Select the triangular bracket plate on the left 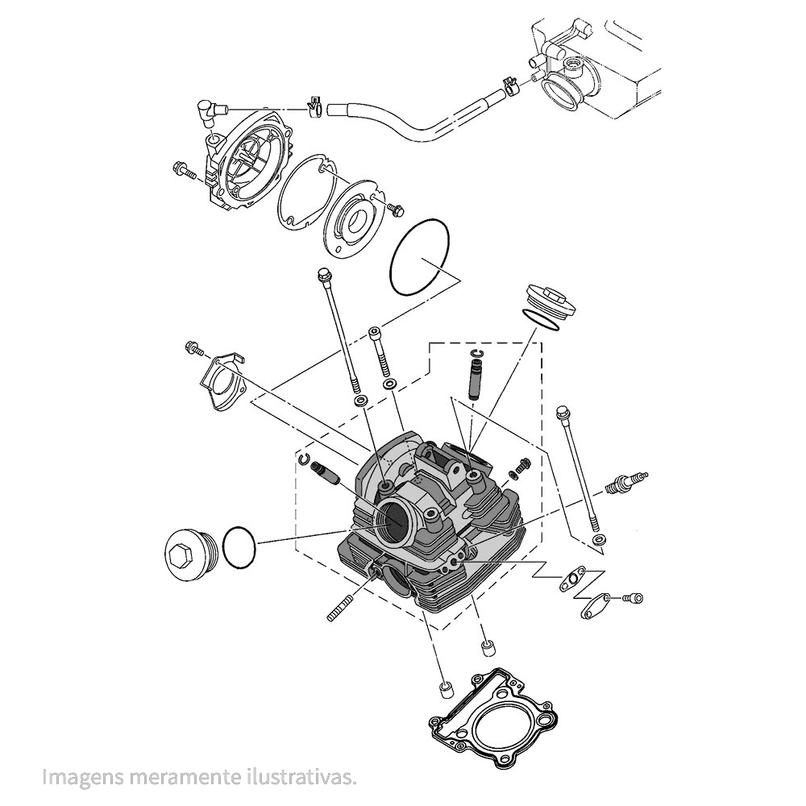222,382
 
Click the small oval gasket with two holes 573,580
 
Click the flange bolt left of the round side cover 185,171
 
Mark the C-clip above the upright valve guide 476,354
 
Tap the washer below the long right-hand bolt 597,538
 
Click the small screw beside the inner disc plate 394,209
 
